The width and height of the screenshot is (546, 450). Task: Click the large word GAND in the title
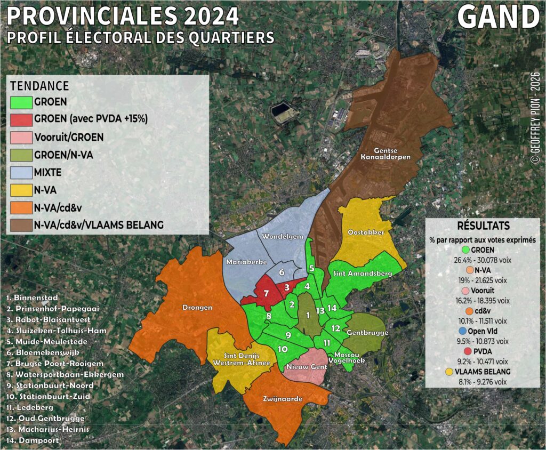pos(499,18)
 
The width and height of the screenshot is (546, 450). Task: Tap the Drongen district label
pos(197,307)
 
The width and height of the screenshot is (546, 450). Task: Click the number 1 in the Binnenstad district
pos(308,315)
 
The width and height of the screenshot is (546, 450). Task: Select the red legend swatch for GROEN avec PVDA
pos(21,118)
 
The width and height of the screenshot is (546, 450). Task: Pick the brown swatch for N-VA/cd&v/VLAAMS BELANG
pos(21,225)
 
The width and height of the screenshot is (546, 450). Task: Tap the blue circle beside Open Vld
pos(462,332)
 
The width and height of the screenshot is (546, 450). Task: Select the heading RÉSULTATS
pos(483,226)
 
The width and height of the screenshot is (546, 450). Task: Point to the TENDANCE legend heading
pos(39,86)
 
